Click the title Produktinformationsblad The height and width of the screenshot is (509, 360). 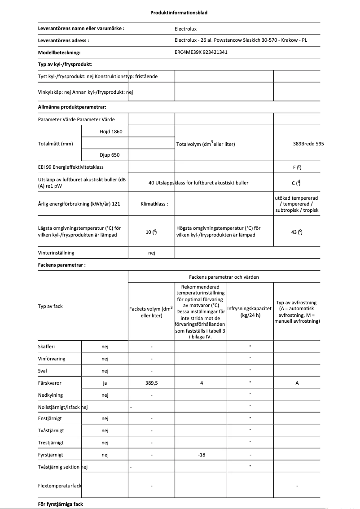(x=179, y=13)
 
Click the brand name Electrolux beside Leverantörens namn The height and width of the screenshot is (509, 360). (x=185, y=29)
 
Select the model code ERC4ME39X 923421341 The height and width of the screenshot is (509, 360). (x=201, y=53)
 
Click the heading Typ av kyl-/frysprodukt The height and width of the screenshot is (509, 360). (x=65, y=65)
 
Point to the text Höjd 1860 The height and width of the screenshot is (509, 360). (x=111, y=132)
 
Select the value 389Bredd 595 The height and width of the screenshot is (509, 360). (x=308, y=144)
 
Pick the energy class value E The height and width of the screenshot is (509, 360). (x=297, y=167)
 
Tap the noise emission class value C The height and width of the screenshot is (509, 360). (x=297, y=183)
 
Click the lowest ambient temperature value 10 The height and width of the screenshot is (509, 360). (x=151, y=232)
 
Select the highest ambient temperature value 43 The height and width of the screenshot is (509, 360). (x=297, y=232)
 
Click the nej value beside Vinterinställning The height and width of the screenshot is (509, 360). (x=151, y=253)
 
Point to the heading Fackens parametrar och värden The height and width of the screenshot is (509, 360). (x=224, y=277)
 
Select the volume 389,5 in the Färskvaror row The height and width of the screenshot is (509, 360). (x=151, y=383)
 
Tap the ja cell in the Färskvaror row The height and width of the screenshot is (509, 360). (x=105, y=383)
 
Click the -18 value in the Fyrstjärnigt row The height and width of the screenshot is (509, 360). (x=201, y=455)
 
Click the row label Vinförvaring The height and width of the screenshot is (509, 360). (x=50, y=359)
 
